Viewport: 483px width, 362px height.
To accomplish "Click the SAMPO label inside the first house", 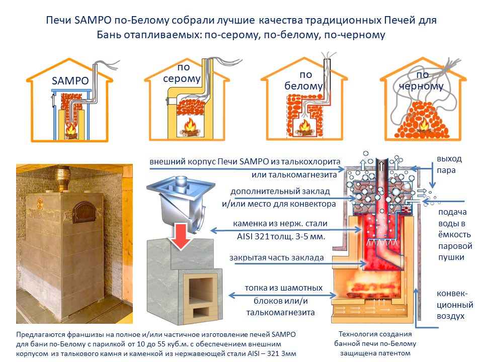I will (70, 80).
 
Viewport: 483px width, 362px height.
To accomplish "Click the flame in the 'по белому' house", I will (304, 126).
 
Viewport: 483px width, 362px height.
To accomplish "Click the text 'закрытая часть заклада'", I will (277, 258).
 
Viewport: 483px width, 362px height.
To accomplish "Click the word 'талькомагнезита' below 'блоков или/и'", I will (280, 312).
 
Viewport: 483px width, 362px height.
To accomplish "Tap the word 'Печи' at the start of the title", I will (57, 21).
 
